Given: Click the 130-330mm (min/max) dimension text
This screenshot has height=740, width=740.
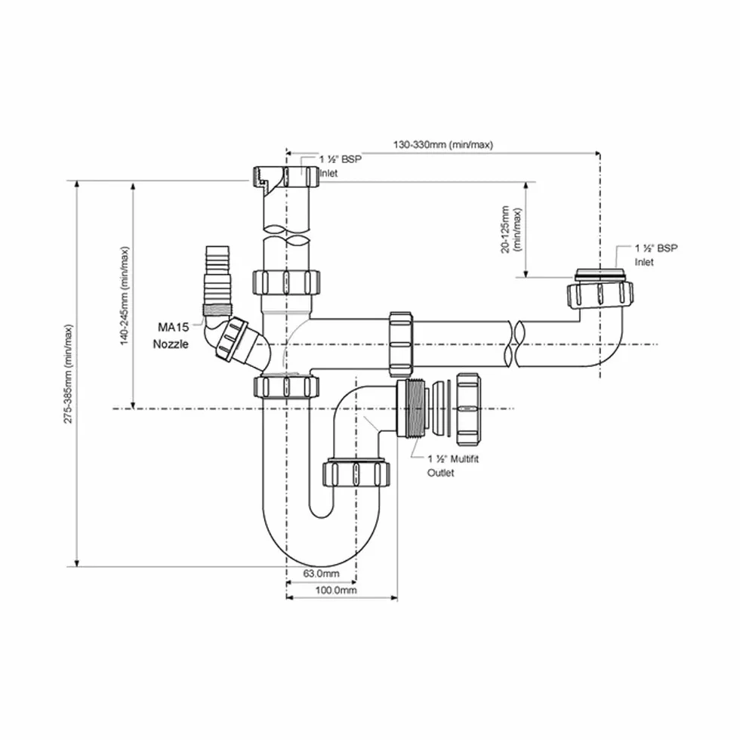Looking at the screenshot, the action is pyautogui.click(x=442, y=144).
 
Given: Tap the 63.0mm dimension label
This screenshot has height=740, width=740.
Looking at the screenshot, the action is pyautogui.click(x=321, y=574).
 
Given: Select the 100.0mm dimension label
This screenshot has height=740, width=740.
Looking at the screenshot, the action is pyautogui.click(x=336, y=590).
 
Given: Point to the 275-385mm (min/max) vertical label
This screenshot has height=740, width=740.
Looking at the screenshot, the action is pyautogui.click(x=69, y=374).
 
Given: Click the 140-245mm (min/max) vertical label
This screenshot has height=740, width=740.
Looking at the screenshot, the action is pyautogui.click(x=125, y=295).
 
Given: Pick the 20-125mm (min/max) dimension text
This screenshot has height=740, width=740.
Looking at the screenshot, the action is pyautogui.click(x=512, y=230).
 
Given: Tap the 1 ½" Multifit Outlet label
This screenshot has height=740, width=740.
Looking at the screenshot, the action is pyautogui.click(x=452, y=465).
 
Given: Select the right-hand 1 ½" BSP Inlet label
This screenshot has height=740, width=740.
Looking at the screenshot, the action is pyautogui.click(x=655, y=255).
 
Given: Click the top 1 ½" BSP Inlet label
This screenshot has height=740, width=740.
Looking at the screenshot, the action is pyautogui.click(x=340, y=166).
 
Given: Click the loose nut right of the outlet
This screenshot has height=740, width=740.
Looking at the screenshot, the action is pyautogui.click(x=468, y=409).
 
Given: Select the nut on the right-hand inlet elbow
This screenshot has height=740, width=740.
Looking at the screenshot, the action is pyautogui.click(x=600, y=295).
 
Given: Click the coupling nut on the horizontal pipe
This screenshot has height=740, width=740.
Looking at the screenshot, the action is pyautogui.click(x=400, y=344).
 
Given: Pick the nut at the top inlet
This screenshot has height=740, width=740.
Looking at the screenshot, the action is pyautogui.click(x=286, y=175).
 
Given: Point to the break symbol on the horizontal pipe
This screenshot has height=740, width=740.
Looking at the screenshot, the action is pyautogui.click(x=513, y=344).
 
